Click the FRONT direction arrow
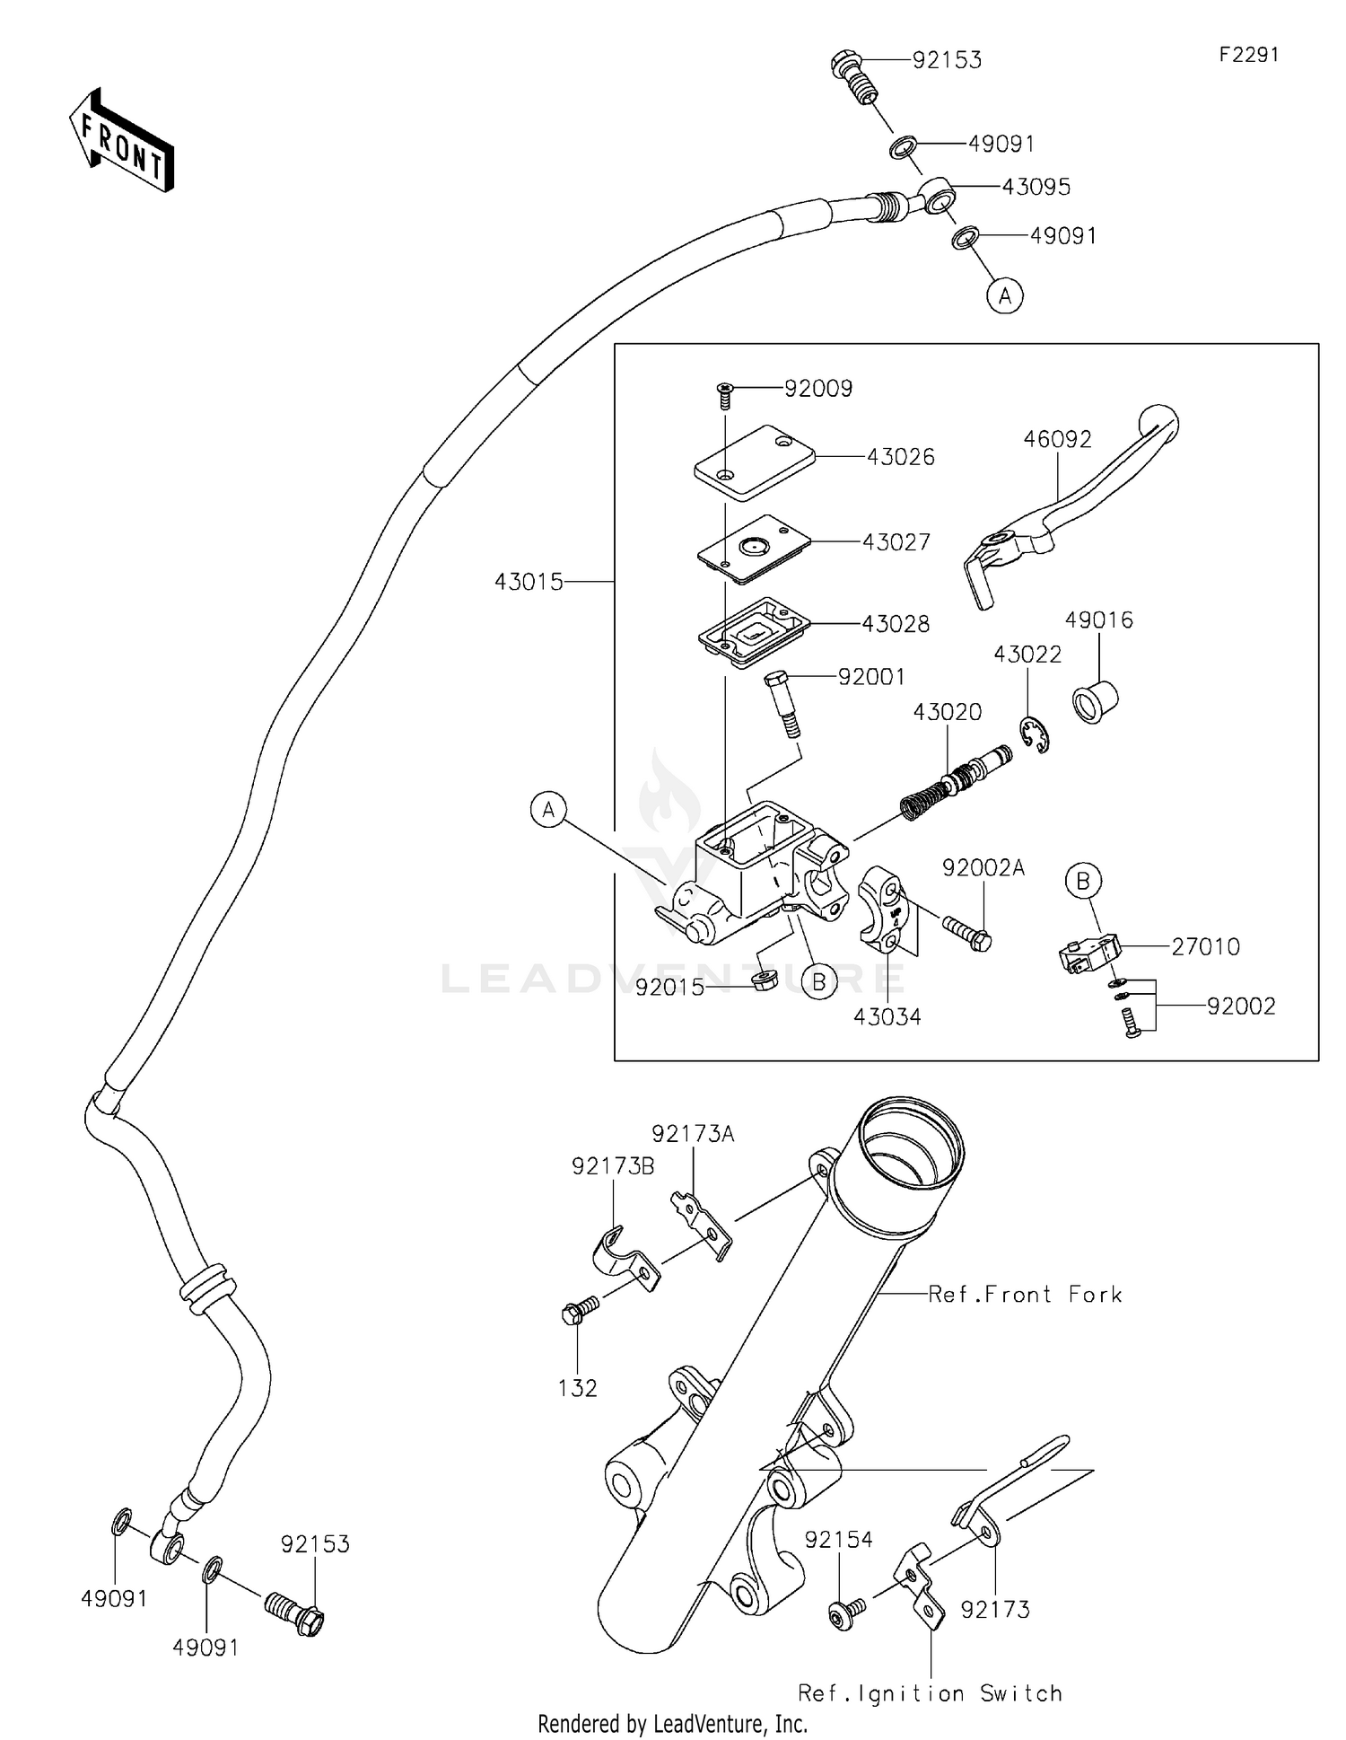click(x=121, y=140)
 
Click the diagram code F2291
click(x=1248, y=55)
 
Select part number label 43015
click(x=529, y=582)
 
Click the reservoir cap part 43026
click(x=754, y=461)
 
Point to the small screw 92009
click(x=724, y=395)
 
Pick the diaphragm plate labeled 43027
click(x=754, y=549)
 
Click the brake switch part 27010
click(x=1088, y=953)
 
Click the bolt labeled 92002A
click(x=966, y=933)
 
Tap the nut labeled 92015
click(x=763, y=979)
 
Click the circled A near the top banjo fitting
click(x=1005, y=294)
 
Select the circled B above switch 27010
click(x=1083, y=881)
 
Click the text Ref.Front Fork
click(x=1025, y=1294)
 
